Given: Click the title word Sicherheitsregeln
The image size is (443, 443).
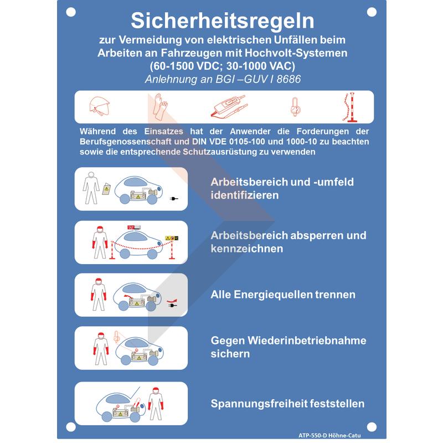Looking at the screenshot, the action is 223,21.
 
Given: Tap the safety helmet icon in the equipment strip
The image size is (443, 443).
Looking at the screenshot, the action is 99,106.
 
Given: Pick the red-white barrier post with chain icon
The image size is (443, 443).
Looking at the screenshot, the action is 350,107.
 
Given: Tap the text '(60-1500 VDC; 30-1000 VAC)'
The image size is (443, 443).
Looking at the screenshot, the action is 223,66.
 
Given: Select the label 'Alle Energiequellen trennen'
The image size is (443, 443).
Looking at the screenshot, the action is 283,295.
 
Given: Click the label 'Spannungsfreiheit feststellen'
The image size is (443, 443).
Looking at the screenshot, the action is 287,404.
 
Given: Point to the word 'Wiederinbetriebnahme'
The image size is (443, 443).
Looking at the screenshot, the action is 307,341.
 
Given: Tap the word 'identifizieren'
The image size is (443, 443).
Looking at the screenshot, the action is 245,195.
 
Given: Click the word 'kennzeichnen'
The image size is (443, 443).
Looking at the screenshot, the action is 247,249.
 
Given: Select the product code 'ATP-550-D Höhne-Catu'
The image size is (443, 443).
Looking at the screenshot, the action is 329,435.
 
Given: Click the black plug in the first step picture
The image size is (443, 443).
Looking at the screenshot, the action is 174,199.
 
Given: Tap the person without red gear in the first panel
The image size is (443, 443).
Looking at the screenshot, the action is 91,188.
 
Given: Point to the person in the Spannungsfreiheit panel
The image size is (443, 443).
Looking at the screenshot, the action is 156,404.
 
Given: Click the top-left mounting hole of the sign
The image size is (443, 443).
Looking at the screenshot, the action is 71,12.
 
